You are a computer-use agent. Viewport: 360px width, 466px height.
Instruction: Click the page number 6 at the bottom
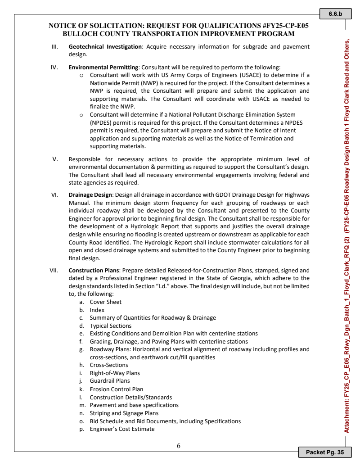pyautogui.click(x=179, y=446)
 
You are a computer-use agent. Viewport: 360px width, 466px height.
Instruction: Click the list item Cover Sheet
pyautogui.click(x=105, y=302)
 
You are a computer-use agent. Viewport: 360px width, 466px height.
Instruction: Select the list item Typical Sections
pyautogui.click(x=110, y=326)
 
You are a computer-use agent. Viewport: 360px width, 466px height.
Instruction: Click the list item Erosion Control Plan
pyautogui.click(x=116, y=389)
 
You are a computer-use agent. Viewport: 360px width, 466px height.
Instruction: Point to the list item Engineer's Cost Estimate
pyautogui.click(x=122, y=429)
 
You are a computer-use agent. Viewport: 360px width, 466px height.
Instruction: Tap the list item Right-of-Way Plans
pyautogui.click(x=114, y=373)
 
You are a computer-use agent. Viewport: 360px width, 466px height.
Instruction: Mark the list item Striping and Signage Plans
pyautogui.click(x=124, y=413)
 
